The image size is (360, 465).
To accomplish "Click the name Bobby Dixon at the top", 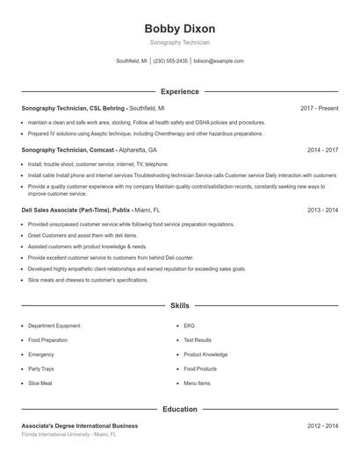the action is (x=179, y=29).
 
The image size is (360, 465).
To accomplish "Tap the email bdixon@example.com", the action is (x=219, y=61).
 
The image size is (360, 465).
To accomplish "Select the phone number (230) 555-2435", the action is (x=171, y=61).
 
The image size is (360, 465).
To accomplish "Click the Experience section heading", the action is (x=179, y=91).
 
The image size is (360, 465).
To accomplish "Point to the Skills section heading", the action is (x=179, y=306).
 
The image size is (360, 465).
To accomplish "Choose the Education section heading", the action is (x=179, y=409).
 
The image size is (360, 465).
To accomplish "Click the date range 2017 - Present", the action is (x=319, y=108).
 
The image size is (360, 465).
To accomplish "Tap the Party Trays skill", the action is (x=40, y=369).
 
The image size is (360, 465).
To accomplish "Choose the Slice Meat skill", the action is (x=40, y=383).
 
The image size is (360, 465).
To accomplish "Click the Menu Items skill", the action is (x=197, y=383).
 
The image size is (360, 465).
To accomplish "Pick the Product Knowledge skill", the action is (x=205, y=354).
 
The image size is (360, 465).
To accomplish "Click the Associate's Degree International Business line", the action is (x=79, y=426).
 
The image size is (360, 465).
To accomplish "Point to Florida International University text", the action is (x=68, y=434).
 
